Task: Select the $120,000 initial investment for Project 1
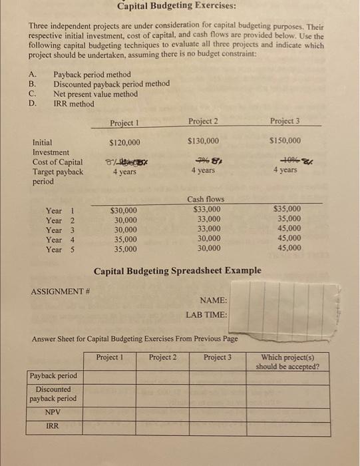click(x=124, y=142)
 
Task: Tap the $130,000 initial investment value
click(x=202, y=141)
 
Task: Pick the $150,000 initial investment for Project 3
click(x=285, y=140)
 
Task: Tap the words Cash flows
click(x=206, y=199)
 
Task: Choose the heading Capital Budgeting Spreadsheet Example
click(x=177, y=271)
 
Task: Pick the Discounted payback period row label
click(x=53, y=393)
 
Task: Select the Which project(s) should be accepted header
click(x=290, y=362)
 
